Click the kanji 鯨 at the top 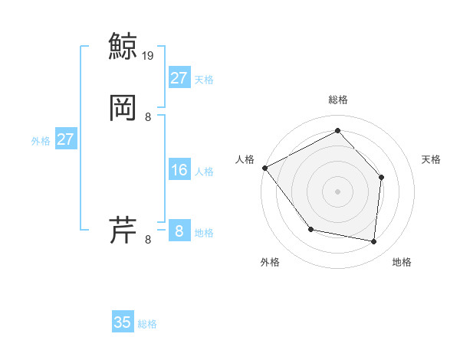pyautogui.click(x=123, y=45)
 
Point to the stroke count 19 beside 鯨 pyautogui.click(x=149, y=55)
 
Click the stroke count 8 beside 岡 pyautogui.click(x=148, y=117)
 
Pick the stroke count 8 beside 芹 pyautogui.click(x=148, y=240)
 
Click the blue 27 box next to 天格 pyautogui.click(x=179, y=78)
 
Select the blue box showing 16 pyautogui.click(x=179, y=170)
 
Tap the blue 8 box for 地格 pyautogui.click(x=179, y=231)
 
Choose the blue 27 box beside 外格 pyautogui.click(x=65, y=139)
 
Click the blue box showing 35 pyautogui.click(x=123, y=322)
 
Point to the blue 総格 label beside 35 pyautogui.click(x=147, y=324)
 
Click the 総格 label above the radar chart pyautogui.click(x=337, y=100)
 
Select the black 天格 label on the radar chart pyautogui.click(x=431, y=159)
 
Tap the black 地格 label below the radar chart pyautogui.click(x=402, y=262)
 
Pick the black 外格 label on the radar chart pyautogui.click(x=270, y=262)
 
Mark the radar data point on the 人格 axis pyautogui.click(x=264, y=167)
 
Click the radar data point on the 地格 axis pyautogui.click(x=373, y=241)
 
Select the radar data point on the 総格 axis pyautogui.click(x=337, y=131)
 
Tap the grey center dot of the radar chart pyautogui.click(x=337, y=191)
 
